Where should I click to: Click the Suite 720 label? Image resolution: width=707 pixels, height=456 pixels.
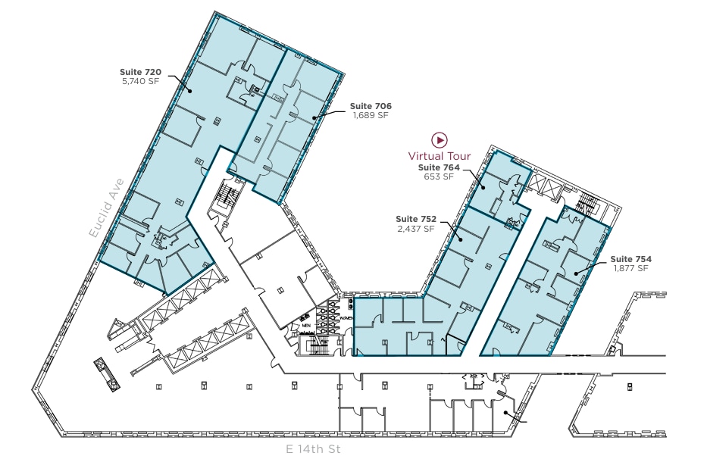pyautogui.click(x=141, y=70)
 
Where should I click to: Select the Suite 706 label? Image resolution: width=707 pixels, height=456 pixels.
pyautogui.click(x=371, y=106)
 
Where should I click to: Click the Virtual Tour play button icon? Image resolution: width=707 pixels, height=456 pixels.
pyautogui.click(x=440, y=140)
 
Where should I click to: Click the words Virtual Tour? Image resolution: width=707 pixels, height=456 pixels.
pyautogui.click(x=440, y=156)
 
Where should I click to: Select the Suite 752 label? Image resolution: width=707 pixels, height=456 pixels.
pyautogui.click(x=416, y=218)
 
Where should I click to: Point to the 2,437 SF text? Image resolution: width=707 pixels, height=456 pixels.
pyautogui.click(x=416, y=227)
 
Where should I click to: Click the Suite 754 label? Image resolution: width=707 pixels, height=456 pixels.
pyautogui.click(x=630, y=259)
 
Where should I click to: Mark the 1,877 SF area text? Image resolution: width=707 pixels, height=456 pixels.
pyautogui.click(x=630, y=268)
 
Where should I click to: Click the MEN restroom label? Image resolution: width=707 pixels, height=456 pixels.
pyautogui.click(x=306, y=327)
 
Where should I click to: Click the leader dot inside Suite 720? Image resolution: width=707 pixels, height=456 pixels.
pyautogui.click(x=189, y=90)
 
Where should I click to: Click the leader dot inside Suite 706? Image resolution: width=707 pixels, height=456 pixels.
pyautogui.click(x=314, y=117)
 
